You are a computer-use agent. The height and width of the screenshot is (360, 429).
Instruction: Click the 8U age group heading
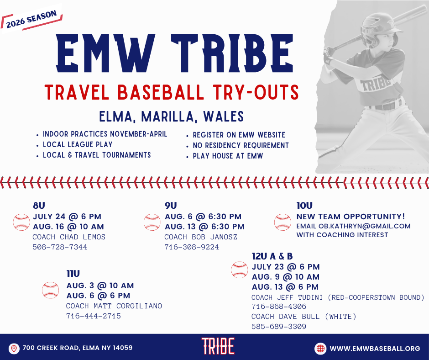[x=39, y=206]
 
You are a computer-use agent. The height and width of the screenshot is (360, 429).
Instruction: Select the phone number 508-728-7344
[x=60, y=247]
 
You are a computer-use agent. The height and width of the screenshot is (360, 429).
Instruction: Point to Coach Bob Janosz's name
[x=201, y=237]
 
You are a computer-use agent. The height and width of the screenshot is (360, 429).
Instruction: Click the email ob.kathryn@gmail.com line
[x=354, y=226]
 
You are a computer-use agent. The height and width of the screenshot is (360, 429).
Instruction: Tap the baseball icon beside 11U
[x=50, y=290]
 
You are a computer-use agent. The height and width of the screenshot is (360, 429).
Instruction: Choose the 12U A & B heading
[x=272, y=256]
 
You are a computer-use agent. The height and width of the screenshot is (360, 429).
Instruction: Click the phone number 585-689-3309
[x=279, y=327]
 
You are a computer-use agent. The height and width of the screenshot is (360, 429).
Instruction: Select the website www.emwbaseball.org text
[x=375, y=349]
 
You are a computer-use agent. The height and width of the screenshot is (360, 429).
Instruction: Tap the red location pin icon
[x=14, y=349]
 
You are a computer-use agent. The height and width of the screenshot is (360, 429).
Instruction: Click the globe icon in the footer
[x=320, y=349]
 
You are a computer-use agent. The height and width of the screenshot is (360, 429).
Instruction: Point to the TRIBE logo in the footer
[x=218, y=346]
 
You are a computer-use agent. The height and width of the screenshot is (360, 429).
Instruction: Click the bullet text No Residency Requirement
[x=241, y=145]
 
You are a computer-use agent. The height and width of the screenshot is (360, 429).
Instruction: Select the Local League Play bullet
[x=78, y=144]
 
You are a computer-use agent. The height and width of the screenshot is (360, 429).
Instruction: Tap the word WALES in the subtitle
[x=223, y=116]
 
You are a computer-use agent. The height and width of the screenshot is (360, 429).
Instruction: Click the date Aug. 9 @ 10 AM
[x=286, y=277]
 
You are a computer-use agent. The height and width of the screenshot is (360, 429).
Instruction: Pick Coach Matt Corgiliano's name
[x=114, y=306]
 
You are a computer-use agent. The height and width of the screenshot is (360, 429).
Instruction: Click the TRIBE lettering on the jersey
[x=375, y=84]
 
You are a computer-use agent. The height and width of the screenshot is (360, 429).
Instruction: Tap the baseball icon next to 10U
[x=283, y=222]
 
